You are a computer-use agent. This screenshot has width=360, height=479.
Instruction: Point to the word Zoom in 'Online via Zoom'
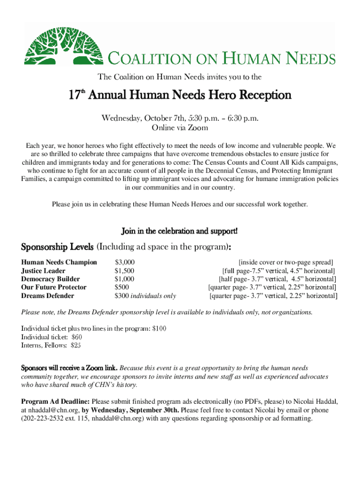198,127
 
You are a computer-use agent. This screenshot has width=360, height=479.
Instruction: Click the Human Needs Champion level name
59,262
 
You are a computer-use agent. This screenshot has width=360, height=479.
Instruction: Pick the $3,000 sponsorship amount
125,262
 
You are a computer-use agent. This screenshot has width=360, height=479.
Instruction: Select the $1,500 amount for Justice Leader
125,271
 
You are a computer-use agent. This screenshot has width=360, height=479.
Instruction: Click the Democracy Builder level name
50,279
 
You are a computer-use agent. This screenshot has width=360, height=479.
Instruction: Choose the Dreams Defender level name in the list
48,296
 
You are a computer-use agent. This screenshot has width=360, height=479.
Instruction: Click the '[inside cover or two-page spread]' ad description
286,262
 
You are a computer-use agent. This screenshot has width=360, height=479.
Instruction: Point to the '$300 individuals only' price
145,296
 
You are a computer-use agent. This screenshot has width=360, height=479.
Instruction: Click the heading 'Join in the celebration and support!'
180,231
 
